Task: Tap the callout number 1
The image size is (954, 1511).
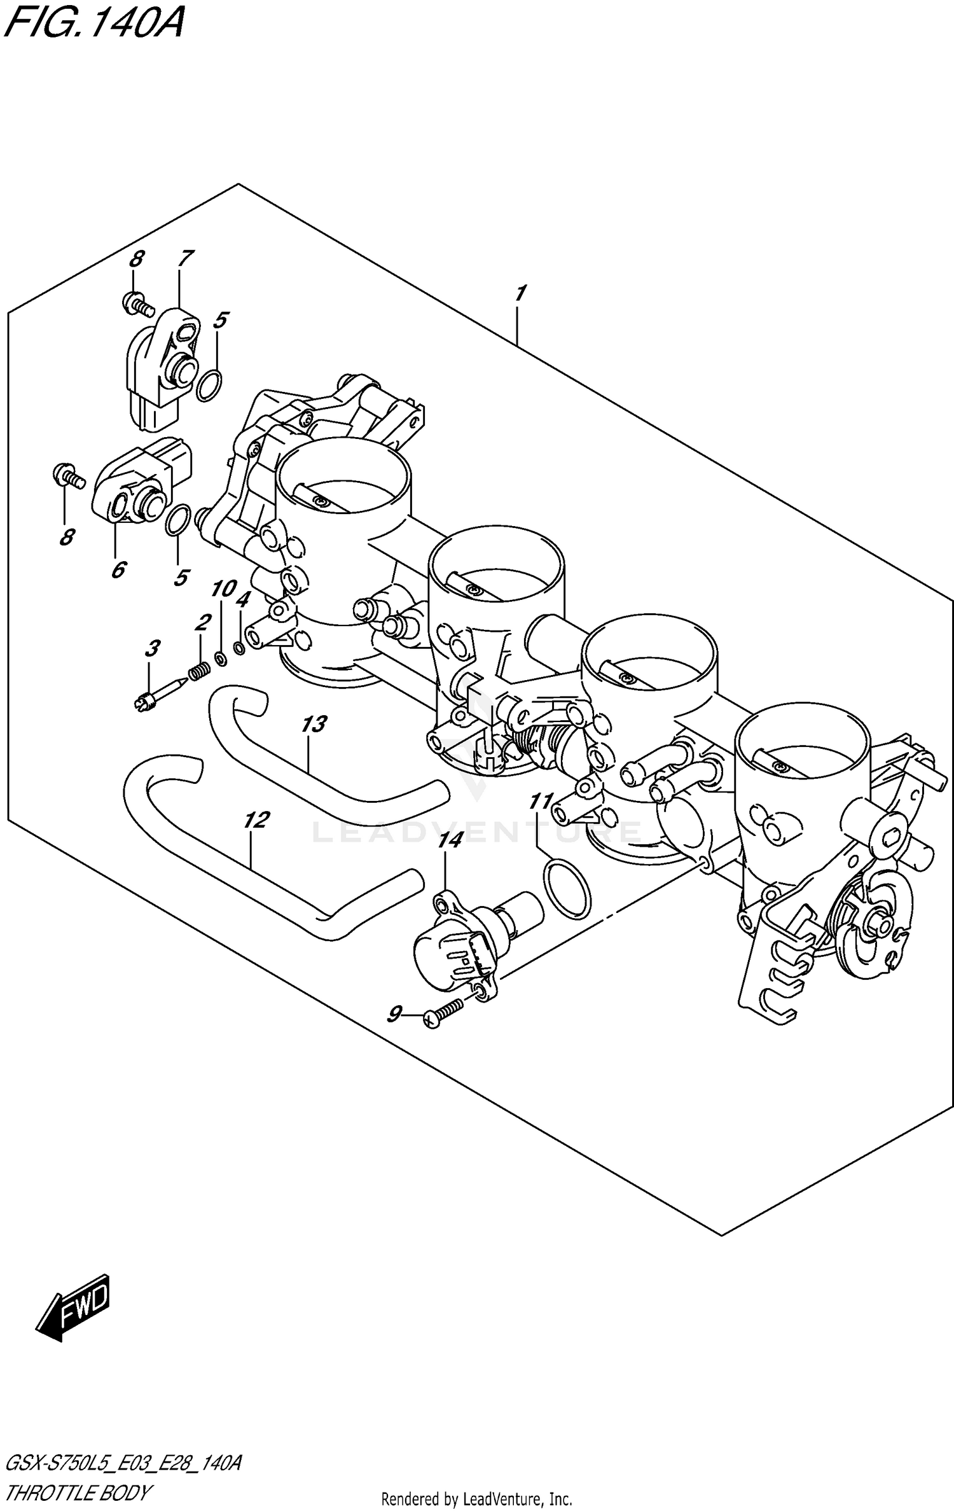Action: (x=520, y=293)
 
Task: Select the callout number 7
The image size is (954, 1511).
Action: (x=184, y=258)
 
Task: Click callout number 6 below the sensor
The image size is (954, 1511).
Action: (x=118, y=569)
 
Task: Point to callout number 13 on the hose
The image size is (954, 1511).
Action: (x=314, y=723)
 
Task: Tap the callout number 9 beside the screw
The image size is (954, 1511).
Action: (x=394, y=1013)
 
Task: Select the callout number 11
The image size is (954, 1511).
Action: (x=541, y=801)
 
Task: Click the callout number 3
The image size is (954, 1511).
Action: (x=151, y=648)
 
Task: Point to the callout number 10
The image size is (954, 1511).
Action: (x=223, y=588)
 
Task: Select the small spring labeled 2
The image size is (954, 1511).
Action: (x=200, y=670)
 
